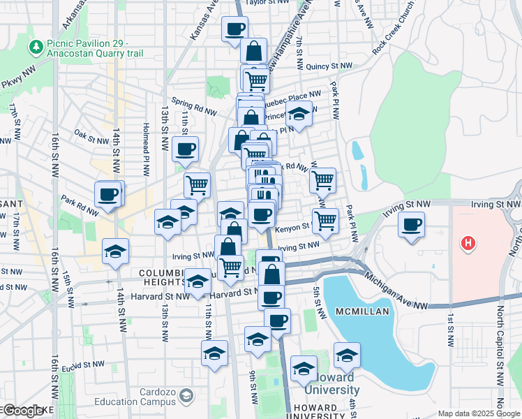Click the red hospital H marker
[469, 243]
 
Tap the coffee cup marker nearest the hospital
[412, 225]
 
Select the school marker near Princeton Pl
[299, 114]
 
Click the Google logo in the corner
[22, 411]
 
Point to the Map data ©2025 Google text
[478, 413]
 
